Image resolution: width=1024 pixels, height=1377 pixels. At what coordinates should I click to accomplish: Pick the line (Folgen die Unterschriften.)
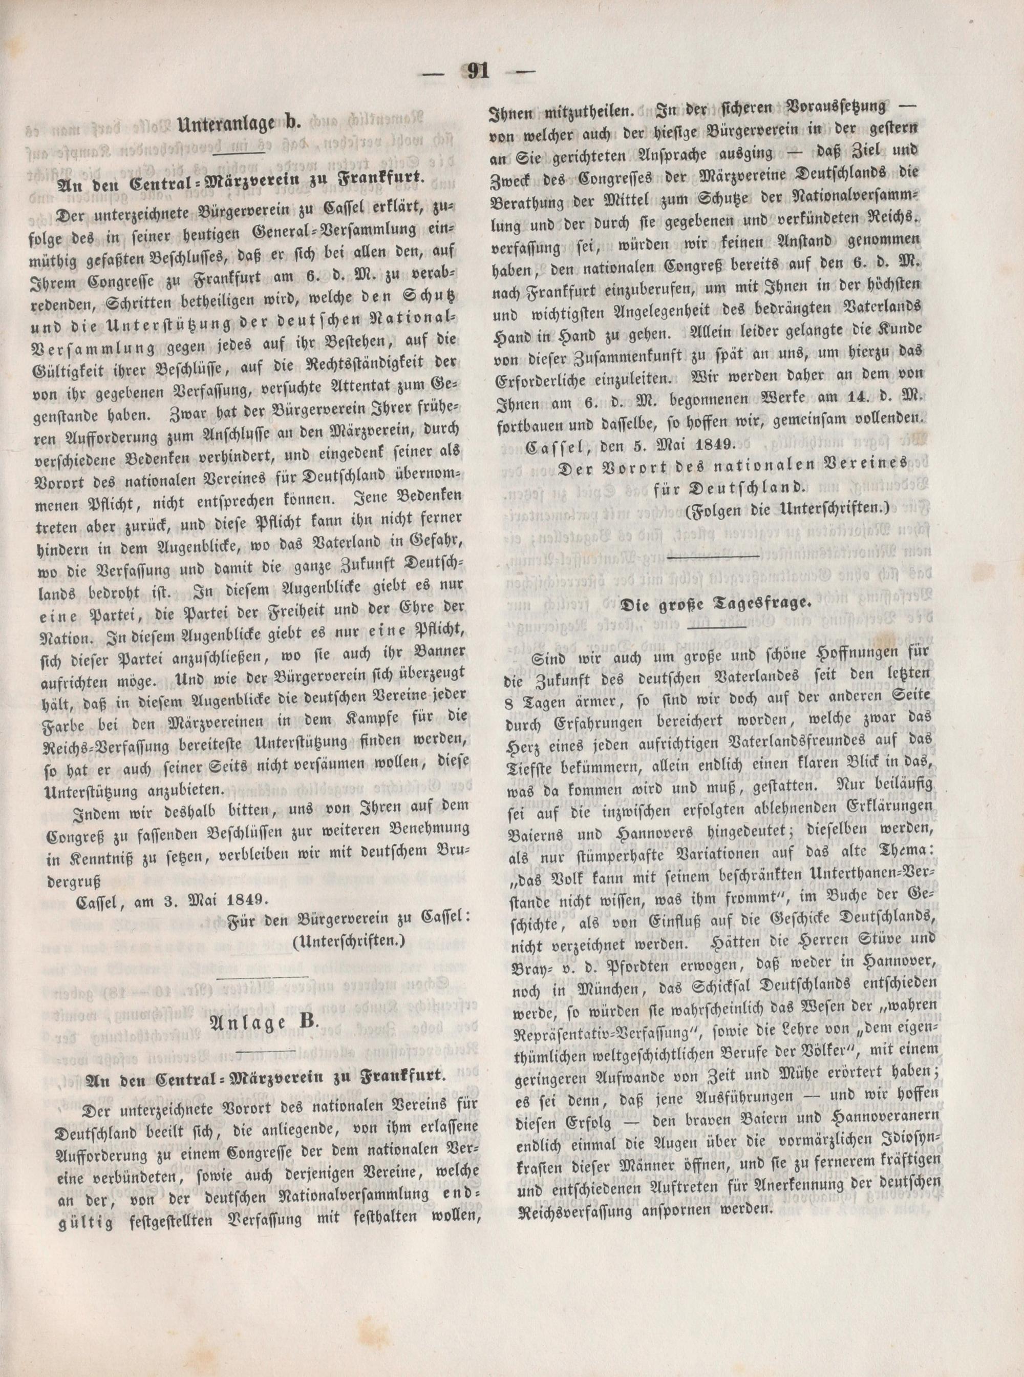pyautogui.click(x=788, y=509)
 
